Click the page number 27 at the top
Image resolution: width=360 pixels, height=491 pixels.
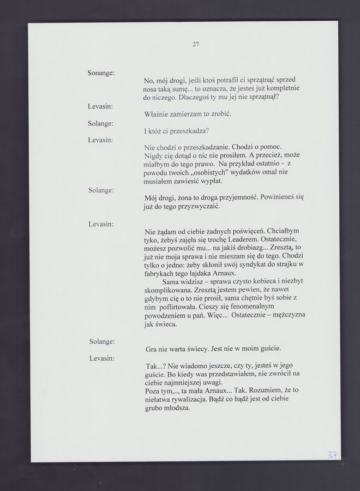point(196,45)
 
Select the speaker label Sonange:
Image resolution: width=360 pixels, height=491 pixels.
point(101,73)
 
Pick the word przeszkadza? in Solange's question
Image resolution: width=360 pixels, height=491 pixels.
point(188,131)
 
